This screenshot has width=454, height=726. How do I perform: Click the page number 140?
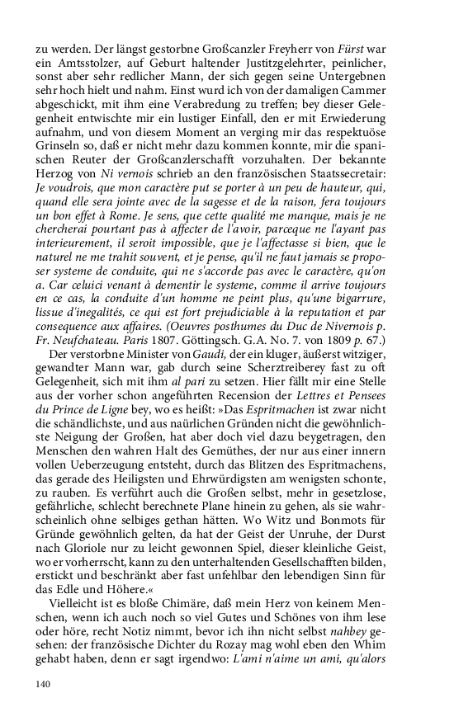[44, 682]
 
